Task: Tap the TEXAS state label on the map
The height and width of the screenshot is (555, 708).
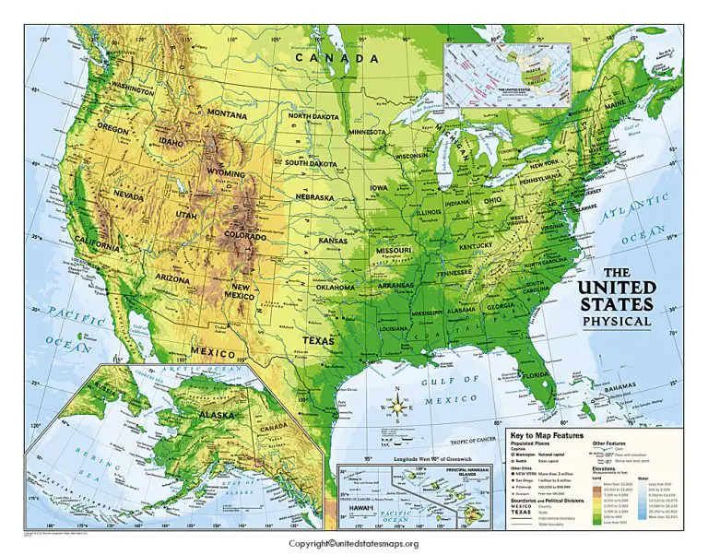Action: click(x=319, y=339)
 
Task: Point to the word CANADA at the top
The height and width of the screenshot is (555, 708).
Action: click(x=337, y=57)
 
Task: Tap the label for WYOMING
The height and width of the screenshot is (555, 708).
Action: click(x=225, y=172)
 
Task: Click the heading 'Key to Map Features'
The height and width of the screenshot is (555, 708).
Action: click(x=551, y=433)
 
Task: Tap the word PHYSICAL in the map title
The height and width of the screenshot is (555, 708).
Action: click(x=616, y=322)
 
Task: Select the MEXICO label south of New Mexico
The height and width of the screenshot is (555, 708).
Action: click(x=215, y=351)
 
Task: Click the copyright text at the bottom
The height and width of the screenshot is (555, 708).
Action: click(x=355, y=544)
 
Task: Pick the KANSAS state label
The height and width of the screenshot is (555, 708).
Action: click(x=334, y=241)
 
